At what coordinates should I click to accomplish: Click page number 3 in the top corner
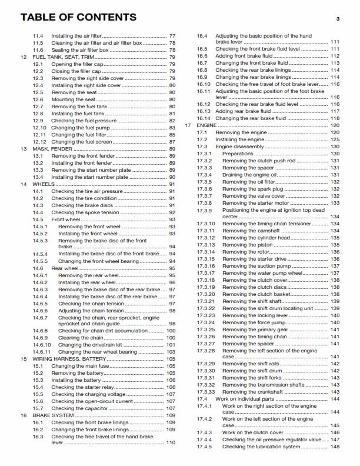(x=338, y=19)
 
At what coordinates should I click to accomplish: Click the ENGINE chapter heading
(x=207, y=125)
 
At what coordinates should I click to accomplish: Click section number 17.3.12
(x=205, y=238)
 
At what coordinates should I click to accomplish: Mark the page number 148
(x=335, y=447)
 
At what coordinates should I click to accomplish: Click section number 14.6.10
(x=41, y=345)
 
